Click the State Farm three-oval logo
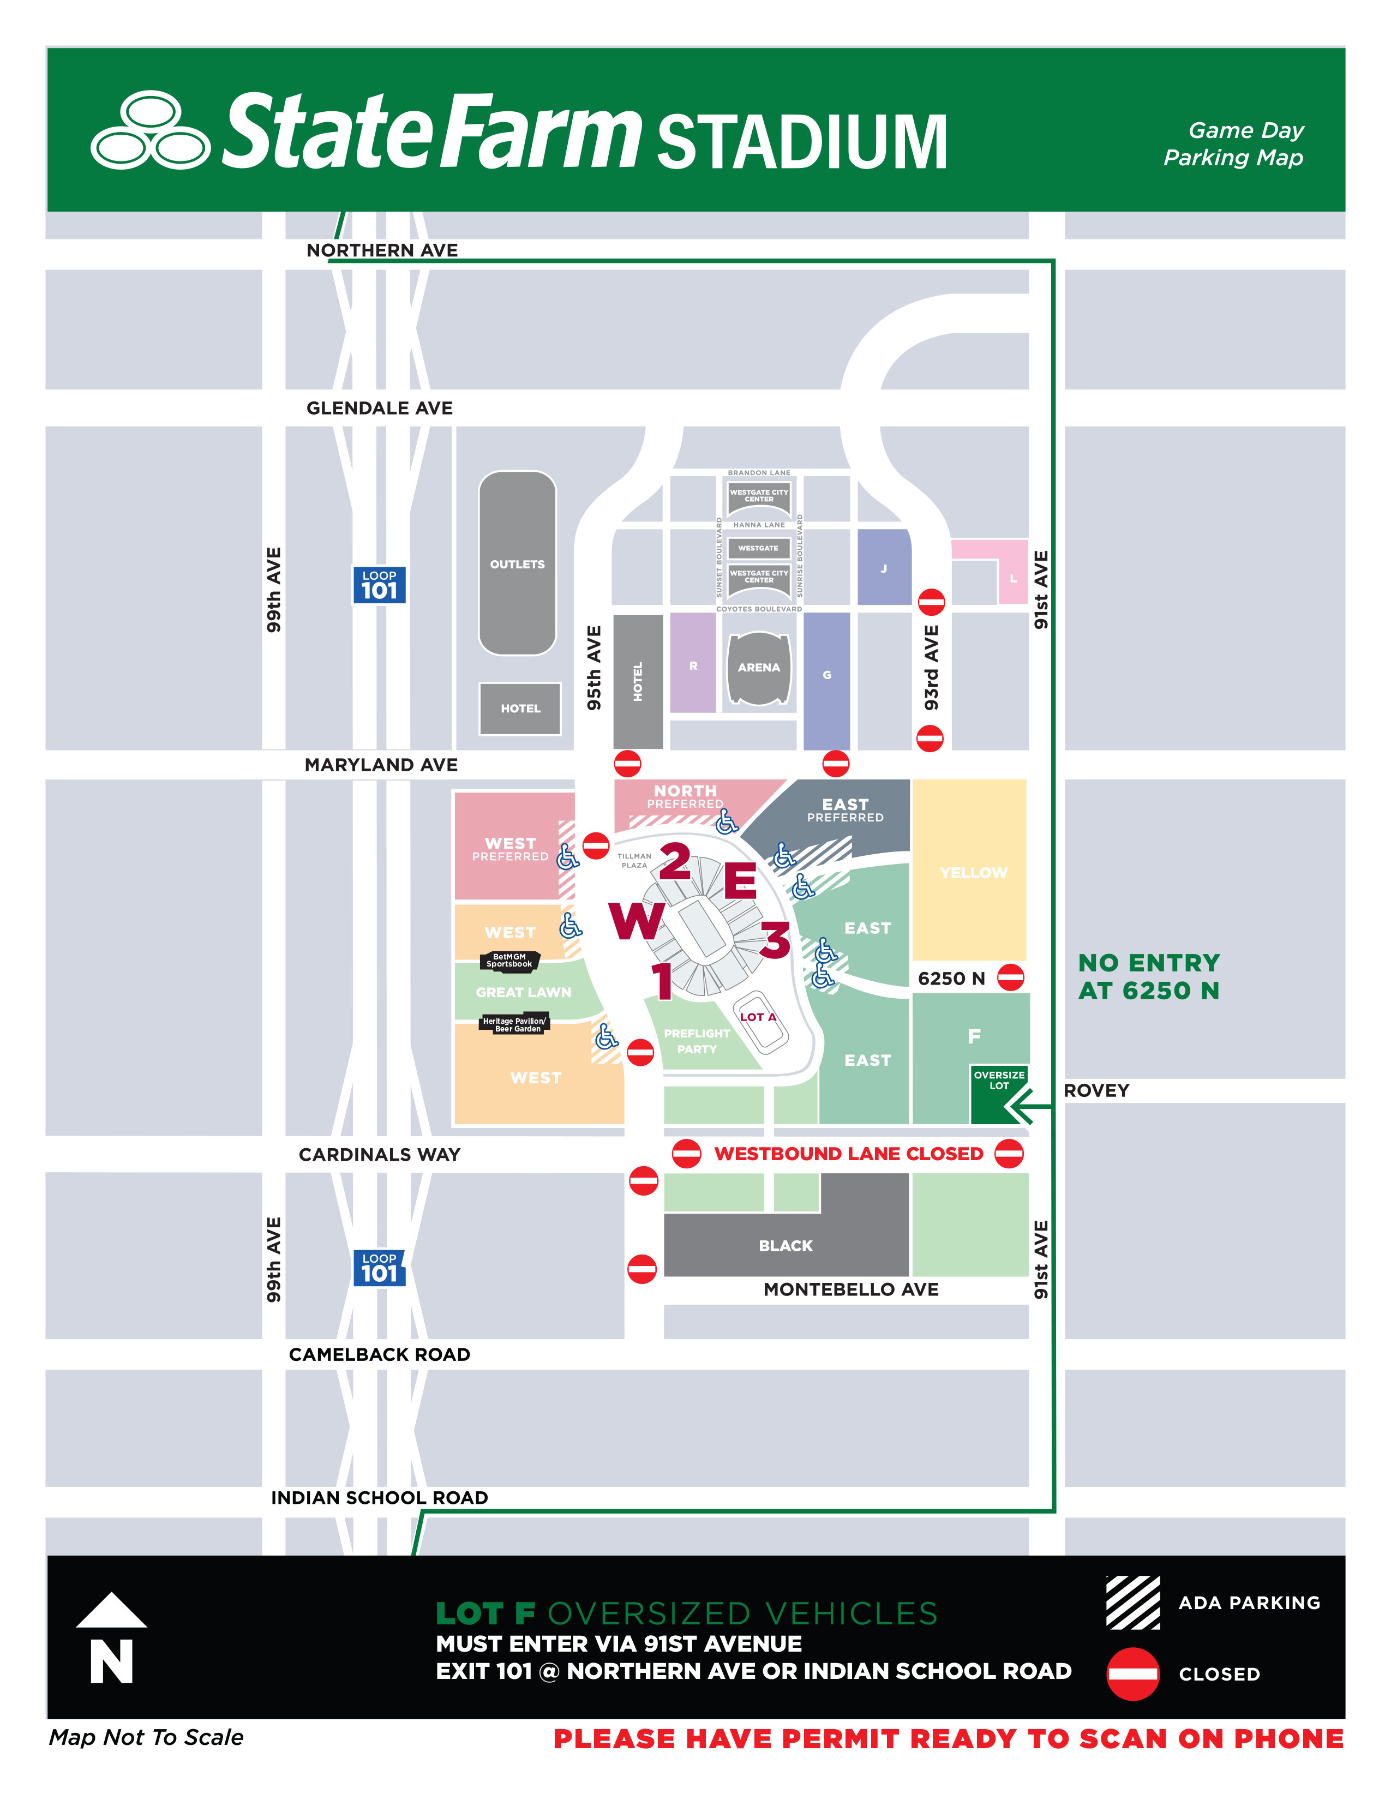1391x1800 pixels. coord(150,130)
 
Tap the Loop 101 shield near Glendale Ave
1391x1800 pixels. coord(379,585)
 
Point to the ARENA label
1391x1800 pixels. coord(758,668)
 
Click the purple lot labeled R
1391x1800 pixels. coord(693,665)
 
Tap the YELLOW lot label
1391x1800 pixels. coord(973,873)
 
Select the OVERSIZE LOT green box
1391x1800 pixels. coord(999,1081)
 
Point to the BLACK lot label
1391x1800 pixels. coord(786,1245)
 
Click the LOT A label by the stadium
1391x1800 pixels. coord(757,1017)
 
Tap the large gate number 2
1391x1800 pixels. coord(675,861)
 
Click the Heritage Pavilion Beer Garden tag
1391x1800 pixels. coord(514,1024)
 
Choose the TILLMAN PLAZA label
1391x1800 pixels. coord(634,860)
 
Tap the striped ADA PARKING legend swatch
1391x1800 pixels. coord(1132,1602)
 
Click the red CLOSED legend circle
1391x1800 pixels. coord(1132,1674)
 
